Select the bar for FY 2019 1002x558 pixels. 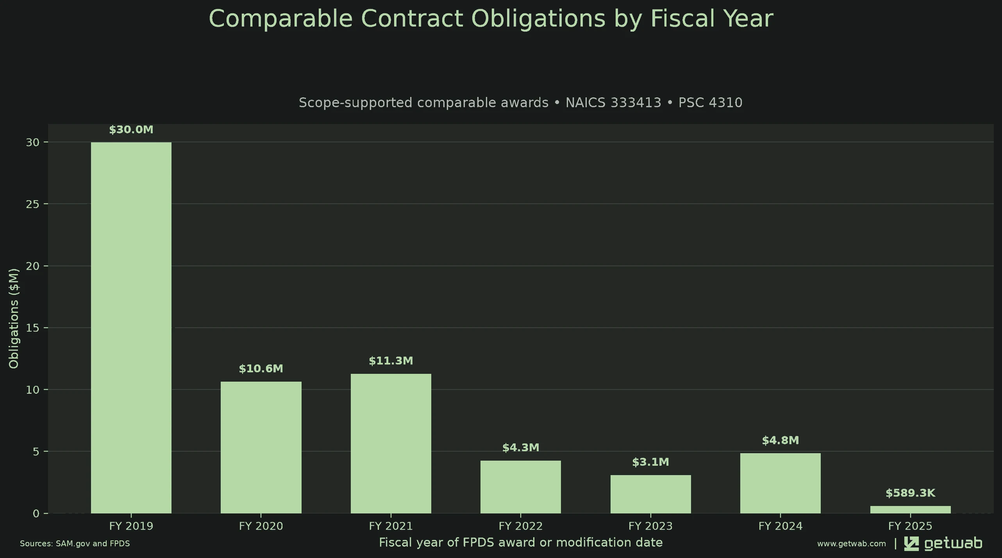point(131,328)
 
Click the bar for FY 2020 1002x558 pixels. point(261,447)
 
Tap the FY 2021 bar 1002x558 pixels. point(391,443)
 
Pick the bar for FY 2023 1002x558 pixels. point(651,494)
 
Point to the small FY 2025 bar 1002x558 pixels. point(911,510)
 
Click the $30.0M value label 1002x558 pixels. point(131,130)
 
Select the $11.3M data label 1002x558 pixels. point(391,361)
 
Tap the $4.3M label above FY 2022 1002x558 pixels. point(521,447)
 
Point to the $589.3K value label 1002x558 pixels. point(911,493)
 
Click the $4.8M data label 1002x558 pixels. point(781,440)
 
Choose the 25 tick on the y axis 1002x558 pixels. point(33,204)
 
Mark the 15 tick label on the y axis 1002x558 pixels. point(33,328)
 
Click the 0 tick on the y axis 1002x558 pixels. point(36,513)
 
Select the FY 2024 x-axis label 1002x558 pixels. point(781,526)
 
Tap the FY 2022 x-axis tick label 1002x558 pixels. point(521,526)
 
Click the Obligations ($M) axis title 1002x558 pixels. point(14,318)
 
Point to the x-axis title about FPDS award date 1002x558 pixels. point(521,543)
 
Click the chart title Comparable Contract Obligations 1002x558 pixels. point(491,18)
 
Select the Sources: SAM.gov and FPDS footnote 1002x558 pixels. point(75,544)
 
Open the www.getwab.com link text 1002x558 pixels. point(852,544)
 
